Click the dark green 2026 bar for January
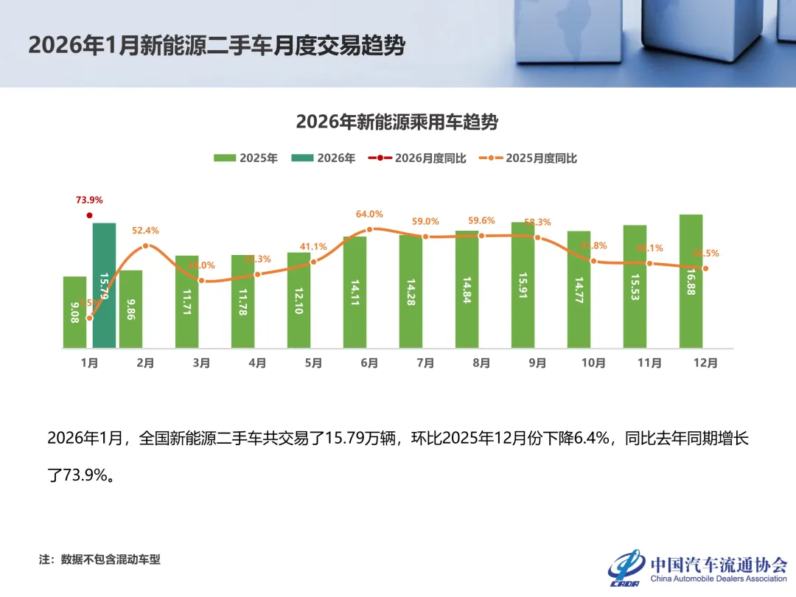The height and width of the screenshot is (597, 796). (x=104, y=285)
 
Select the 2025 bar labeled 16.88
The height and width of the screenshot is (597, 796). (x=691, y=281)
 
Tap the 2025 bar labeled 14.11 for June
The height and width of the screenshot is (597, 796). (x=355, y=292)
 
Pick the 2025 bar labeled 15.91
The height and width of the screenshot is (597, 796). (x=523, y=284)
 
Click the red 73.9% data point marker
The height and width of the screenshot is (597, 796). (x=89, y=215)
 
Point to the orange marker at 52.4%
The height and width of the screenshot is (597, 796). (x=145, y=246)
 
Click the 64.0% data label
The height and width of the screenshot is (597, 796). (x=369, y=214)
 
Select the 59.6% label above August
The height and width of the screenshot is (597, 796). (x=481, y=220)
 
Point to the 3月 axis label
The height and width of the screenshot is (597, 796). (x=201, y=363)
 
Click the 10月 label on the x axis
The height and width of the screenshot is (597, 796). (x=593, y=363)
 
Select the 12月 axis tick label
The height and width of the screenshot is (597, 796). (x=705, y=363)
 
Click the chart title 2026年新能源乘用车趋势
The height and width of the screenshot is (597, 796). (x=397, y=122)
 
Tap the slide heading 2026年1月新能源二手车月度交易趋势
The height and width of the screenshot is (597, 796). (x=217, y=46)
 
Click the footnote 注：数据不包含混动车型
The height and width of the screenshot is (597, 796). (x=99, y=559)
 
